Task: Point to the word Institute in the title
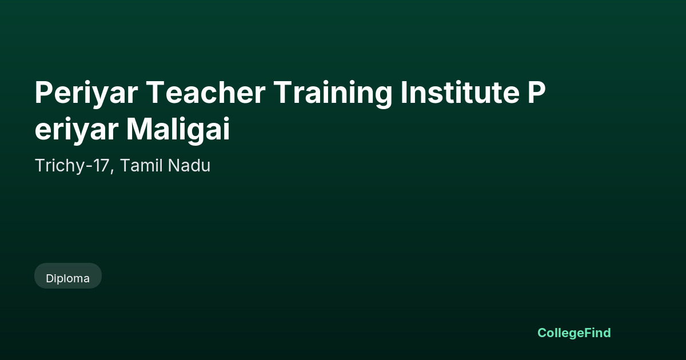click(460, 93)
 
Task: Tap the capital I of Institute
click(404, 93)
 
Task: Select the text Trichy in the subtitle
click(61, 166)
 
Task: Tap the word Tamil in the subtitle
click(142, 165)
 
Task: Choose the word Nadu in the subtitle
click(189, 165)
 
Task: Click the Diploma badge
click(68, 276)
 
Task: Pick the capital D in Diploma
click(50, 279)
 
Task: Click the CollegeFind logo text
click(574, 333)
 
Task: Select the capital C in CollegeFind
click(543, 333)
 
